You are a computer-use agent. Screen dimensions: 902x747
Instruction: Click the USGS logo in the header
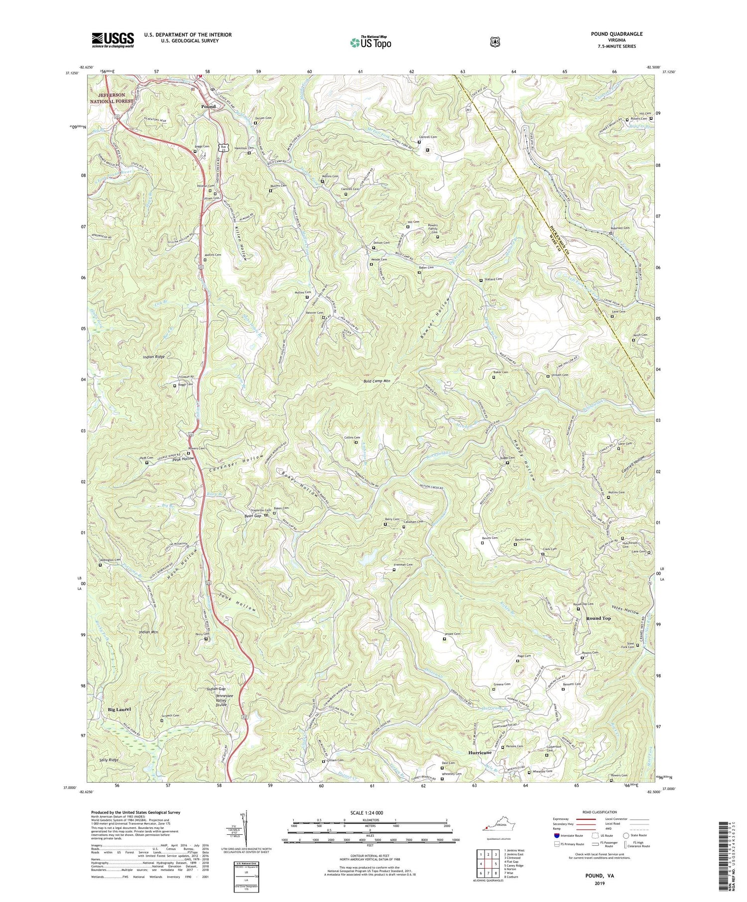tap(113, 40)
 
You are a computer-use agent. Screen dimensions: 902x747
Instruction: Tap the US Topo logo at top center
tap(371, 42)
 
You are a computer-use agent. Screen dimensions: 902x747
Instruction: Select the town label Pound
tap(208, 106)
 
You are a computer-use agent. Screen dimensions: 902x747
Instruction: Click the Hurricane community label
tap(480, 753)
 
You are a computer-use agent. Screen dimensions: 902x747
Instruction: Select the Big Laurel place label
tap(119, 709)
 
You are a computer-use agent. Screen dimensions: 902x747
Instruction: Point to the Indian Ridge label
tap(153, 357)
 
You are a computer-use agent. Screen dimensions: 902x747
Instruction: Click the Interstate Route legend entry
tap(569, 835)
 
